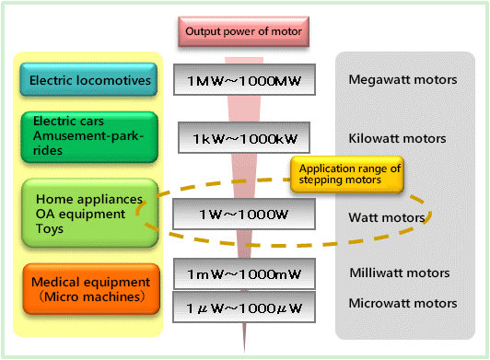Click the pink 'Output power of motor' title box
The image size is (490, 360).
(x=244, y=32)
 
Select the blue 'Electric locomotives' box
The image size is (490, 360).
(x=88, y=79)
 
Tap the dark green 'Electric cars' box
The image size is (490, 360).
(x=89, y=137)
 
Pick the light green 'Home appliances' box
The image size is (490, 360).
(x=90, y=213)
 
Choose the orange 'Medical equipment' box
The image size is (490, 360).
(x=91, y=289)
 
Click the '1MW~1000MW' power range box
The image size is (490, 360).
(x=244, y=80)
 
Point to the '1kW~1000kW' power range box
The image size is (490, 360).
(x=244, y=138)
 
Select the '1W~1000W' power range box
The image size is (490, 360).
(x=244, y=214)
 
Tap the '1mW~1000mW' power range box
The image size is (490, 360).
(x=244, y=273)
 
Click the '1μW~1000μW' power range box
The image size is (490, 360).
(x=244, y=308)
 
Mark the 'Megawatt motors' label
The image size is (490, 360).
(x=402, y=80)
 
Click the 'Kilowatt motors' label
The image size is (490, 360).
(x=397, y=138)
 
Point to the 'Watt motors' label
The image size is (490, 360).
(x=387, y=217)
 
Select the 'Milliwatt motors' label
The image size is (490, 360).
(x=400, y=273)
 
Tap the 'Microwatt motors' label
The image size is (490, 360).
(x=402, y=303)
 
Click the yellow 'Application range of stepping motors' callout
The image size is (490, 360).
(x=347, y=174)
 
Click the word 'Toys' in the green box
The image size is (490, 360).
(x=50, y=228)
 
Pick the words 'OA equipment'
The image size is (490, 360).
(x=80, y=215)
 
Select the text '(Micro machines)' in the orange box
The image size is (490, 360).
(x=91, y=296)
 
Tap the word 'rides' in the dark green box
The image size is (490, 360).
(x=48, y=150)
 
